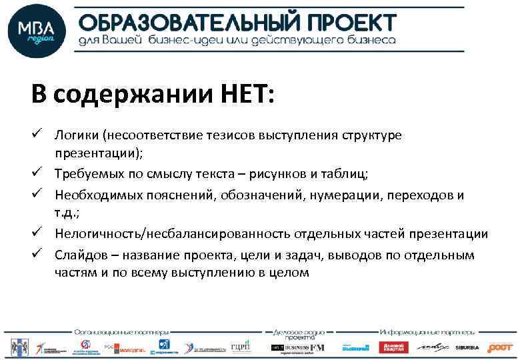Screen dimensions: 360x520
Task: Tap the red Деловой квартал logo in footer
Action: [x=393, y=347]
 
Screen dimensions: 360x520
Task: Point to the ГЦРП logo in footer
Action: [x=241, y=347]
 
